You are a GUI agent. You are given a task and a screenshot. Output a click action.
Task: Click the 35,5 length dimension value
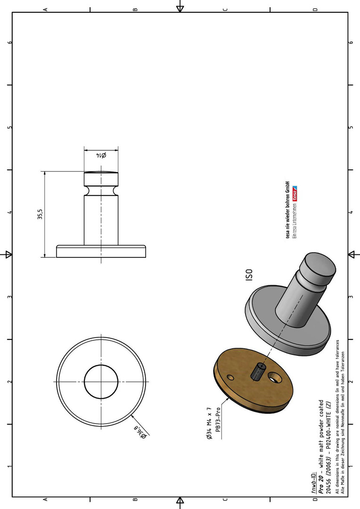(40, 214)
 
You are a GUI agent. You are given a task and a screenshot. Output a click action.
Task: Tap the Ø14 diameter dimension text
(101, 155)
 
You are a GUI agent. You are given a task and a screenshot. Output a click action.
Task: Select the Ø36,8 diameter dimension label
(141, 433)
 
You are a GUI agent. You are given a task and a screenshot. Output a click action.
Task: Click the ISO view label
(249, 275)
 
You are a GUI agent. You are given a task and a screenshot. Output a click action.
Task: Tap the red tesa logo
(295, 194)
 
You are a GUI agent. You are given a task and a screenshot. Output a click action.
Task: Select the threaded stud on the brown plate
(258, 371)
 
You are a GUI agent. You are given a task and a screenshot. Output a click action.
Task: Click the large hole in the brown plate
(275, 378)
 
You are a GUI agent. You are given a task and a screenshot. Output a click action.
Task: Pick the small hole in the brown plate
(230, 378)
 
